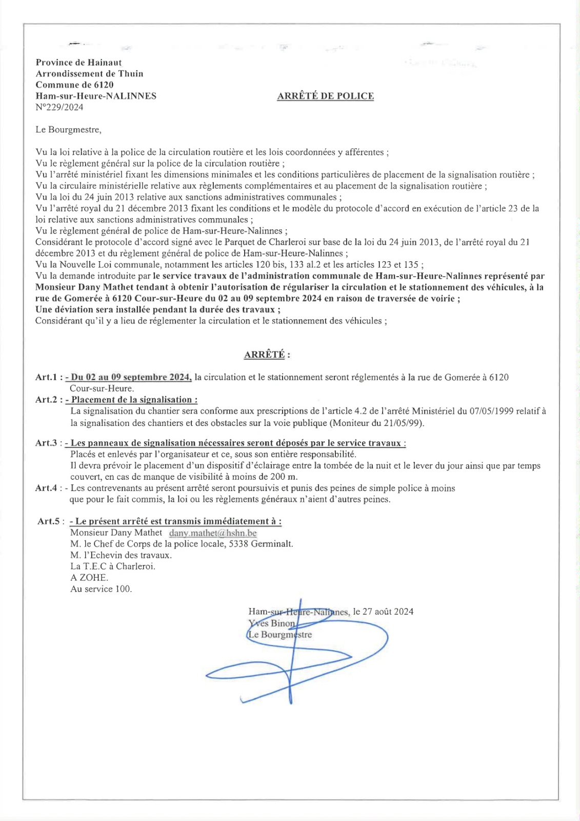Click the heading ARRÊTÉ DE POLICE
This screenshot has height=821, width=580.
325,96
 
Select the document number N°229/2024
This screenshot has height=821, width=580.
59,107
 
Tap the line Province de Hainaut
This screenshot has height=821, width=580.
78,62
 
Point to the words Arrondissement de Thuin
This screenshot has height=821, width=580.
89,73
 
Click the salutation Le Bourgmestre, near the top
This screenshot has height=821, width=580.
68,130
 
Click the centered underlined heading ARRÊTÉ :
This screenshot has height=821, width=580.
267,355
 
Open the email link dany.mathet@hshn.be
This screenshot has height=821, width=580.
213,533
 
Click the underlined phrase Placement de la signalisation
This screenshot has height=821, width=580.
132,400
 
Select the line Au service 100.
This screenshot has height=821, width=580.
101,589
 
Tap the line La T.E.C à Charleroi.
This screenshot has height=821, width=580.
113,566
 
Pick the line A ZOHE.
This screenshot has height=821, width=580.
89,578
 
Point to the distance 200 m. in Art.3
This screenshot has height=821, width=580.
284,477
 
